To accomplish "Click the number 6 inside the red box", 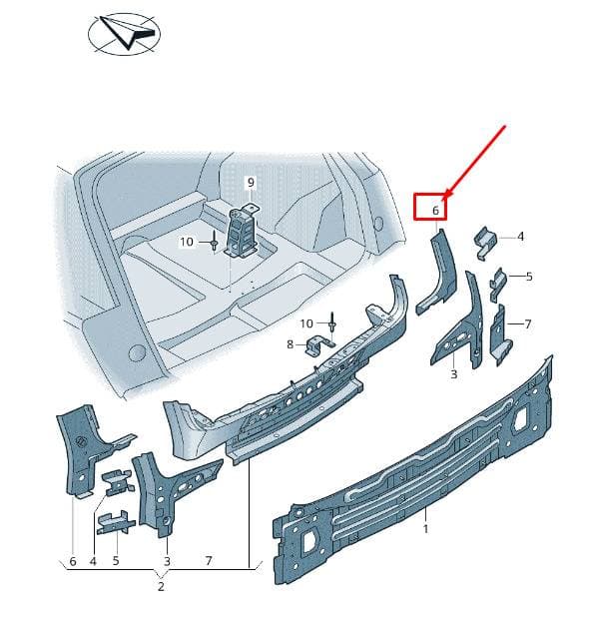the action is pyautogui.click(x=435, y=210).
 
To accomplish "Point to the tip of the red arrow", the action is pyautogui.click(x=443, y=199).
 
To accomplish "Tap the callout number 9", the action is pyautogui.click(x=251, y=183).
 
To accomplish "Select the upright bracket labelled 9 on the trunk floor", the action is pyautogui.click(x=243, y=231).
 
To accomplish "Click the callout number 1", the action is pyautogui.click(x=425, y=529).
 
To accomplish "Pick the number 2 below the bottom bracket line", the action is pyautogui.click(x=161, y=587).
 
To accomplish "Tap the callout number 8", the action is pyautogui.click(x=291, y=344).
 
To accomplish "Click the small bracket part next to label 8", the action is pyautogui.click(x=319, y=345).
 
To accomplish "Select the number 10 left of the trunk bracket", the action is pyautogui.click(x=187, y=242).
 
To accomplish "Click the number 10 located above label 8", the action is pyautogui.click(x=306, y=323).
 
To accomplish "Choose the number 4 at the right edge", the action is pyautogui.click(x=520, y=237).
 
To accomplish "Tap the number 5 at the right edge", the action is pyautogui.click(x=529, y=277).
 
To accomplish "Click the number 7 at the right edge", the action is pyautogui.click(x=528, y=324).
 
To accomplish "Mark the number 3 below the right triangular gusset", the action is pyautogui.click(x=453, y=374).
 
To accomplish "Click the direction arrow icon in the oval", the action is pyautogui.click(x=125, y=33).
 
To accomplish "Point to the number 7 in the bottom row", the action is pyautogui.click(x=209, y=561).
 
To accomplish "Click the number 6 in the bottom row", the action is pyautogui.click(x=73, y=561).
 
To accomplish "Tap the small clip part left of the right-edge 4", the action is pyautogui.click(x=485, y=243).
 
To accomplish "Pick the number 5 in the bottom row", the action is pyautogui.click(x=116, y=561).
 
